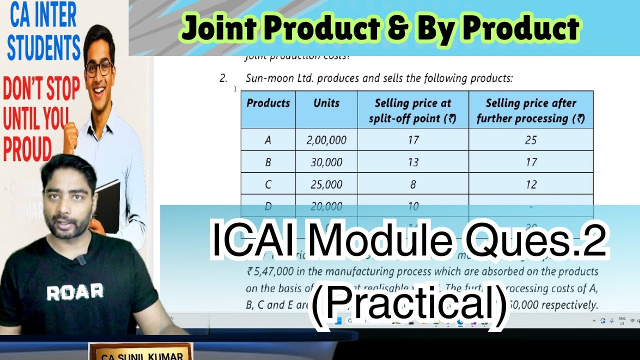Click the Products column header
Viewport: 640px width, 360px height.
tap(268, 103)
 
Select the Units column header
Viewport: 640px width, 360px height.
tap(326, 103)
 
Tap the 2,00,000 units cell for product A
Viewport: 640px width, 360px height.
tap(326, 140)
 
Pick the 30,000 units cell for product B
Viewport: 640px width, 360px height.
tap(326, 162)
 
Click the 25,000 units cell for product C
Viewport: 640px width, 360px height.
tap(326, 184)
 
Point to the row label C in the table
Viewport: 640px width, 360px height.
tap(268, 184)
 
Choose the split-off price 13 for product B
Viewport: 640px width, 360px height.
tap(413, 162)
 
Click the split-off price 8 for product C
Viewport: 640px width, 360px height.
tap(413, 184)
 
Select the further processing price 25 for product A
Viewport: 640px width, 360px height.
tap(530, 140)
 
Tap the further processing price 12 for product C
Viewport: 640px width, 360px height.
tap(530, 184)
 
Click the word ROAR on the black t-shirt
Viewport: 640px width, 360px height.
tap(75, 291)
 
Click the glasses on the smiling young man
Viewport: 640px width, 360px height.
tap(98, 68)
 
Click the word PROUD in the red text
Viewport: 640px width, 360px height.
tap(28, 149)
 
